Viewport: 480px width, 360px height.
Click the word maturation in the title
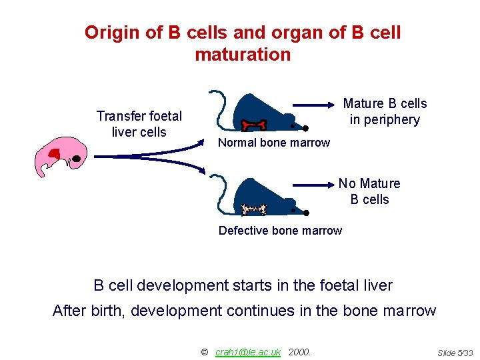[243, 55]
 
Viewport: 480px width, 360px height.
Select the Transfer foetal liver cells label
[139, 124]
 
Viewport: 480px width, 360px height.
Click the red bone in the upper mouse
[254, 124]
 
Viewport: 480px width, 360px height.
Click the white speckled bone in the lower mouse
[253, 209]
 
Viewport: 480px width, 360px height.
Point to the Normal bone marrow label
[274, 143]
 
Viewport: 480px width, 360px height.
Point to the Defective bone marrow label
[280, 231]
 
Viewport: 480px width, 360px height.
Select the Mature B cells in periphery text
[385, 111]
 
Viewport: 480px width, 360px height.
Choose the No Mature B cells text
[369, 191]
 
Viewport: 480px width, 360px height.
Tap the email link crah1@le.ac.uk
[247, 351]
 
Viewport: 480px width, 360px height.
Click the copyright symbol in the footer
[205, 351]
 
